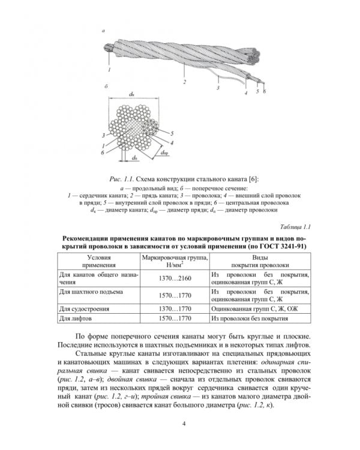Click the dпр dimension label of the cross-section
click(x=164, y=154)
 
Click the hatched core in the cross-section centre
click(x=141, y=128)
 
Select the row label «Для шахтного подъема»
click(x=83, y=292)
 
